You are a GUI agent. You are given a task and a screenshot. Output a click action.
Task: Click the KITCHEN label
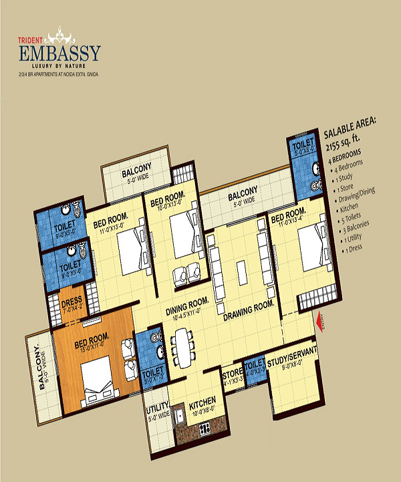pos(203,404)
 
